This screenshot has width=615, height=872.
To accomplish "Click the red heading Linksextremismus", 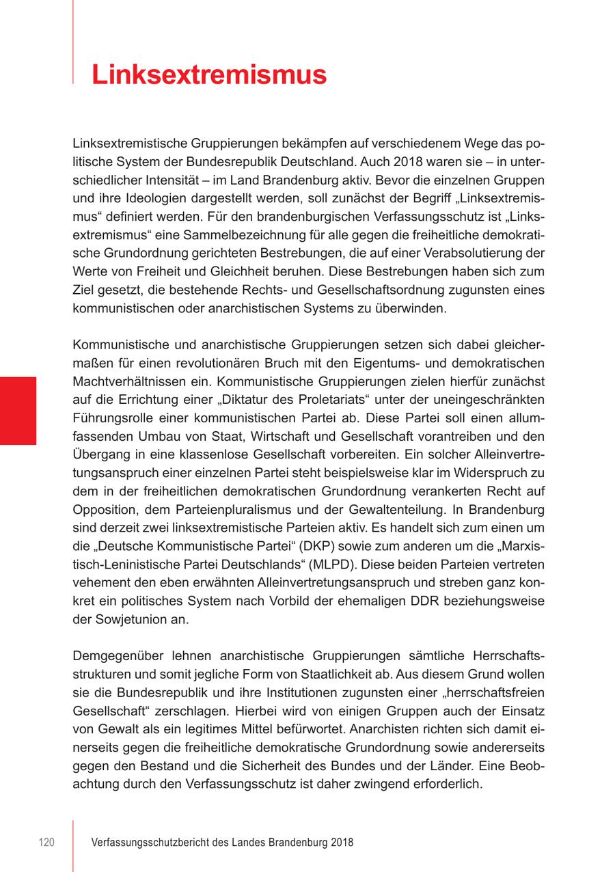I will click(x=209, y=74).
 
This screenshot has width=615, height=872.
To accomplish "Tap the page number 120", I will click(x=46, y=843).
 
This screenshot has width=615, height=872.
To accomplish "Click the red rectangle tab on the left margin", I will click(x=18, y=410).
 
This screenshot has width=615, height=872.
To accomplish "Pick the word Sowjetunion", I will click(x=128, y=620).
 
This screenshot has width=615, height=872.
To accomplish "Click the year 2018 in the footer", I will click(x=341, y=843).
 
